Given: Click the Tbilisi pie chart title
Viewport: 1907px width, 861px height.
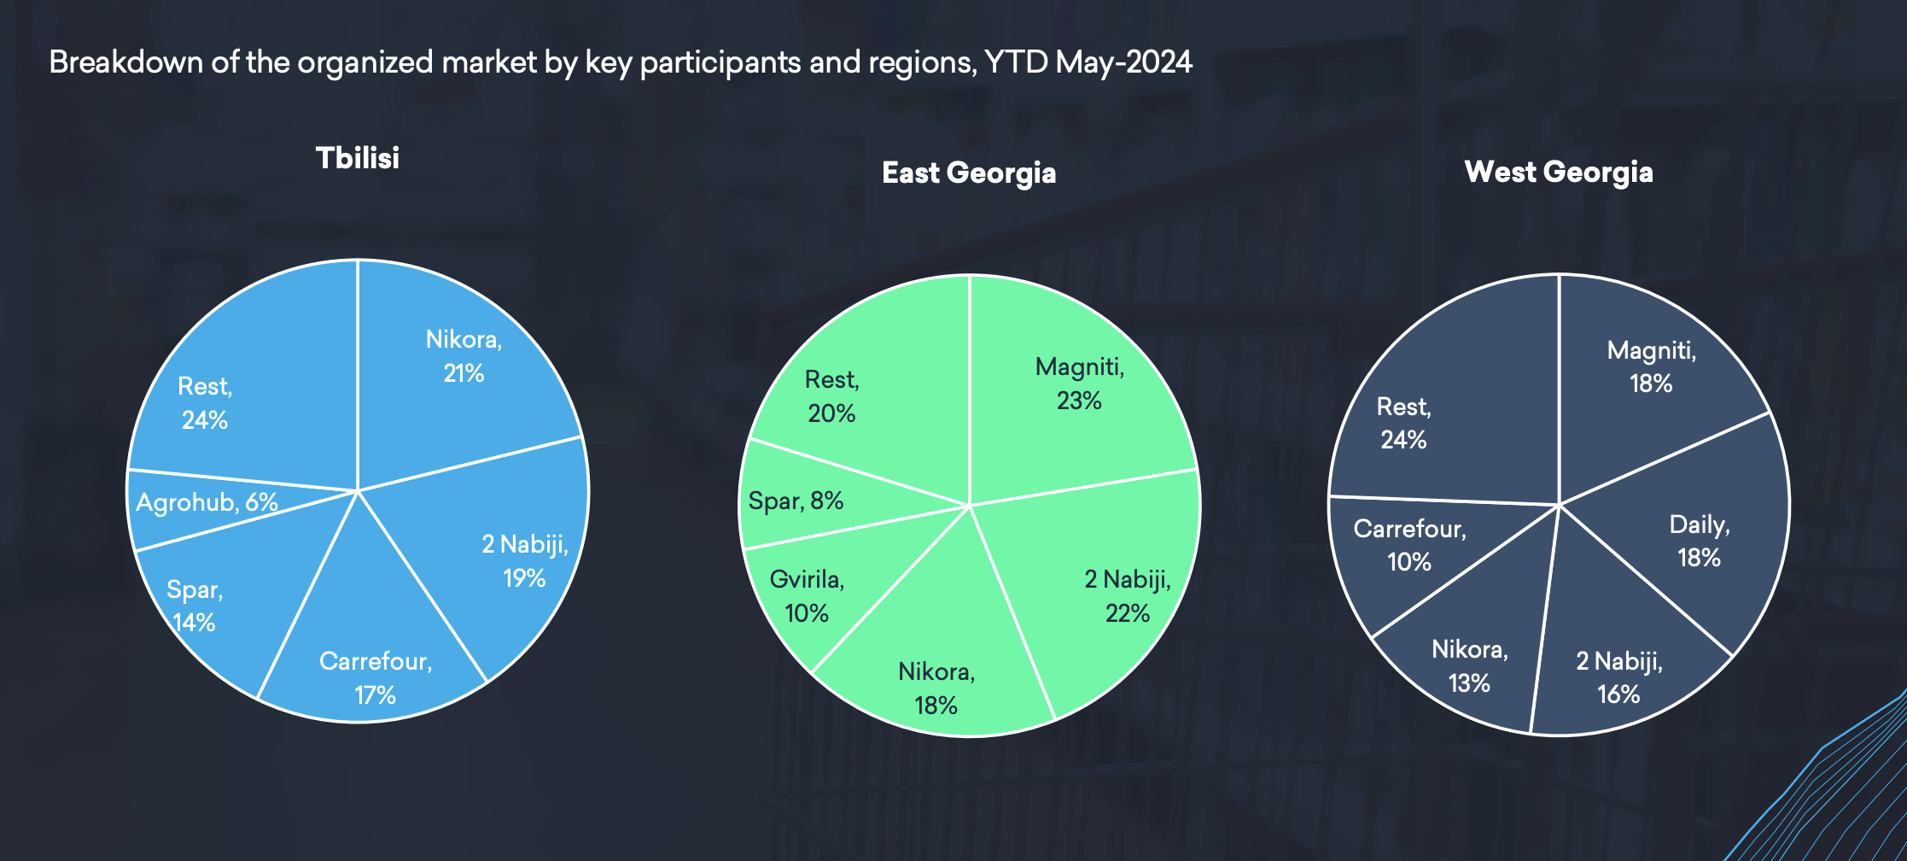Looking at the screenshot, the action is pos(358,158).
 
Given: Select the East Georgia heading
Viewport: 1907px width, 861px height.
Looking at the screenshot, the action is pos(969,173).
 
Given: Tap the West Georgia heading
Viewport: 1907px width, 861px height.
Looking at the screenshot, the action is pos(1559,173).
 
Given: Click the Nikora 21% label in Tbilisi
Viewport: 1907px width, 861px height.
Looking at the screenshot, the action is pos(464,356).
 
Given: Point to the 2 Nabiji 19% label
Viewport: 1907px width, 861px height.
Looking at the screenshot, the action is pos(525,561).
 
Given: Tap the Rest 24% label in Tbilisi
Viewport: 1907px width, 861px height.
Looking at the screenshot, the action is pos(205,403).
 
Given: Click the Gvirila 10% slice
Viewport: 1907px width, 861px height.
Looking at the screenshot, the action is pos(819,598).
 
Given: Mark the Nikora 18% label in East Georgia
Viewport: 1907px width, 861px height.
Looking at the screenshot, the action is pos(936,688).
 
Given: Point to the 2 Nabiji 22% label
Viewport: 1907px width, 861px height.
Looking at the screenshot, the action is pos(1128,596).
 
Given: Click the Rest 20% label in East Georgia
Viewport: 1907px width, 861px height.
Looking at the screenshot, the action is pos(832,396).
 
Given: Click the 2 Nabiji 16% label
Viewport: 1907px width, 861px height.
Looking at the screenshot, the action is pos(1619,677).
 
